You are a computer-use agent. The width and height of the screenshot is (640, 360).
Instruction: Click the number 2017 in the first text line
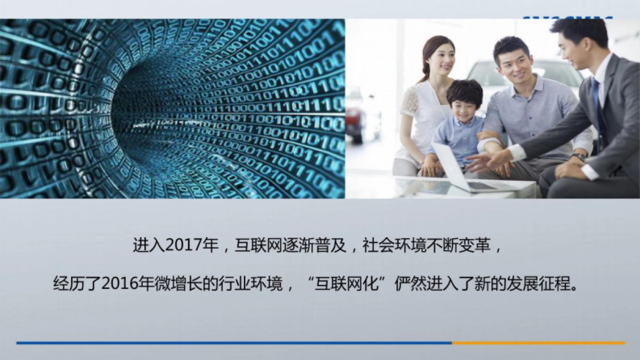[183, 246]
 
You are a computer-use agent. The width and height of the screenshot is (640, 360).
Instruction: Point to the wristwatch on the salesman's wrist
[579, 157]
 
